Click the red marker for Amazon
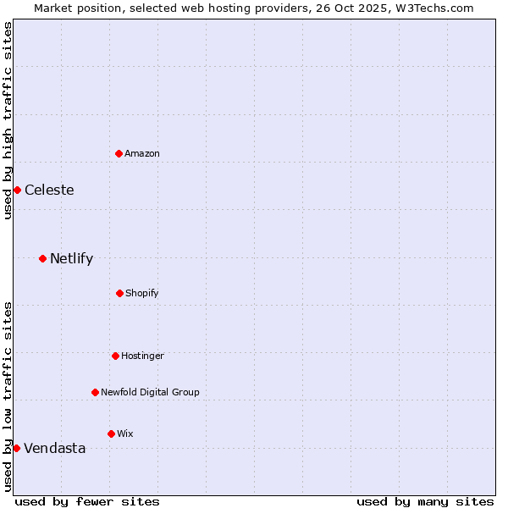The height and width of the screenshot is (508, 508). pyautogui.click(x=119, y=153)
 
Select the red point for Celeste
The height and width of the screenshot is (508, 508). pyautogui.click(x=17, y=190)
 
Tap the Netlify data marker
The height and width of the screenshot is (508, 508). pyautogui.click(x=42, y=258)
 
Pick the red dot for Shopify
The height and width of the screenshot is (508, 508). pyautogui.click(x=119, y=293)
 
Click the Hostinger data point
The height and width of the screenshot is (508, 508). pyautogui.click(x=115, y=356)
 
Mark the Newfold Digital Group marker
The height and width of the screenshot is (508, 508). pyautogui.click(x=95, y=392)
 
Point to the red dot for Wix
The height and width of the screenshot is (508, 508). pyautogui.click(x=111, y=433)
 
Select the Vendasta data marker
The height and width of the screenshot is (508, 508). pyautogui.click(x=16, y=448)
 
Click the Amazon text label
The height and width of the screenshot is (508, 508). pyautogui.click(x=142, y=153)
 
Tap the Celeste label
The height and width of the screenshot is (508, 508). pyautogui.click(x=49, y=190)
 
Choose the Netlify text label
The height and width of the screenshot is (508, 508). pyautogui.click(x=71, y=258)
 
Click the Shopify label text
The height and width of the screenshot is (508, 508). pyautogui.click(x=142, y=293)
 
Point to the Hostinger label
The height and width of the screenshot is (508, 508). pyautogui.click(x=142, y=356)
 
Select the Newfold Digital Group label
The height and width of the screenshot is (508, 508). pyautogui.click(x=150, y=392)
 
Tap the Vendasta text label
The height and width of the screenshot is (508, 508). pyautogui.click(x=55, y=448)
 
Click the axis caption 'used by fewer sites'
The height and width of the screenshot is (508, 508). pyautogui.click(x=87, y=501)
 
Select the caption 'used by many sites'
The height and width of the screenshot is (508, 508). pyautogui.click(x=425, y=501)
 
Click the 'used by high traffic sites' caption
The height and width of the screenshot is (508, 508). pyautogui.click(x=8, y=120)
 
